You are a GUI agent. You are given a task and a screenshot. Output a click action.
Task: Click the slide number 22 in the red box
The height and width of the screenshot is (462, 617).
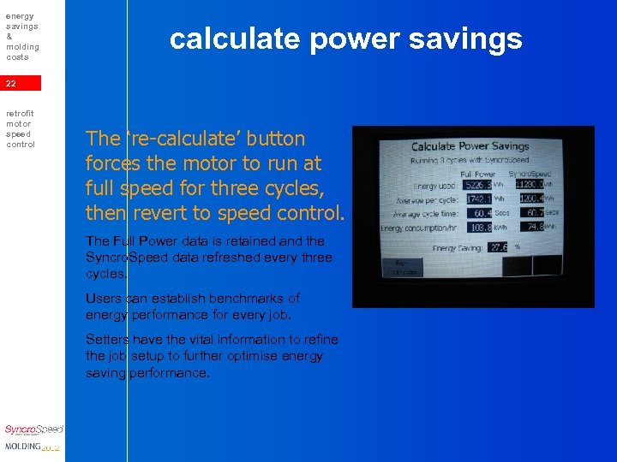click(x=10, y=84)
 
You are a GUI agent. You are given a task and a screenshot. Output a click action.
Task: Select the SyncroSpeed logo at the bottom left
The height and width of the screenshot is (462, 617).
click(x=33, y=430)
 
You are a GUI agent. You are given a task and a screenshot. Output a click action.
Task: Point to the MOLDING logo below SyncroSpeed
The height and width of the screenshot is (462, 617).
click(x=33, y=447)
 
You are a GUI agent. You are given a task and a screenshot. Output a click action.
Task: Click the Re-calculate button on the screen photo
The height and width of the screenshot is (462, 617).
click(x=405, y=267)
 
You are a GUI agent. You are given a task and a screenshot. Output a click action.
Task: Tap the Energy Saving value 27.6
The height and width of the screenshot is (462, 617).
click(x=498, y=248)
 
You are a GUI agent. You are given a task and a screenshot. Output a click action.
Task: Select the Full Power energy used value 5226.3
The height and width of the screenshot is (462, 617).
click(x=478, y=185)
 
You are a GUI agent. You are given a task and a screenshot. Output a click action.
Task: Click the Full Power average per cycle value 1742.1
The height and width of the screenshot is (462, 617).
click(x=478, y=198)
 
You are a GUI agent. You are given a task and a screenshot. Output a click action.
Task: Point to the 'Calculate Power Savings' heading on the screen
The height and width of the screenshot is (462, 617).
click(x=470, y=146)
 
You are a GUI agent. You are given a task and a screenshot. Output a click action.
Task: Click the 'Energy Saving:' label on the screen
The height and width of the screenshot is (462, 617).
click(x=458, y=248)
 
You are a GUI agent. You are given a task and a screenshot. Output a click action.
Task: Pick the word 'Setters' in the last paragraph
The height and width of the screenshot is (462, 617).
click(x=107, y=340)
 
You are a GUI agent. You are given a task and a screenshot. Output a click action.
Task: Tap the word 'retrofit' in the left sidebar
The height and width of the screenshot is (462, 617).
click(x=19, y=113)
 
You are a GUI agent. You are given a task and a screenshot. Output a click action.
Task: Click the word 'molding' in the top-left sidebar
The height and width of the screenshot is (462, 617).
click(x=22, y=47)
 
